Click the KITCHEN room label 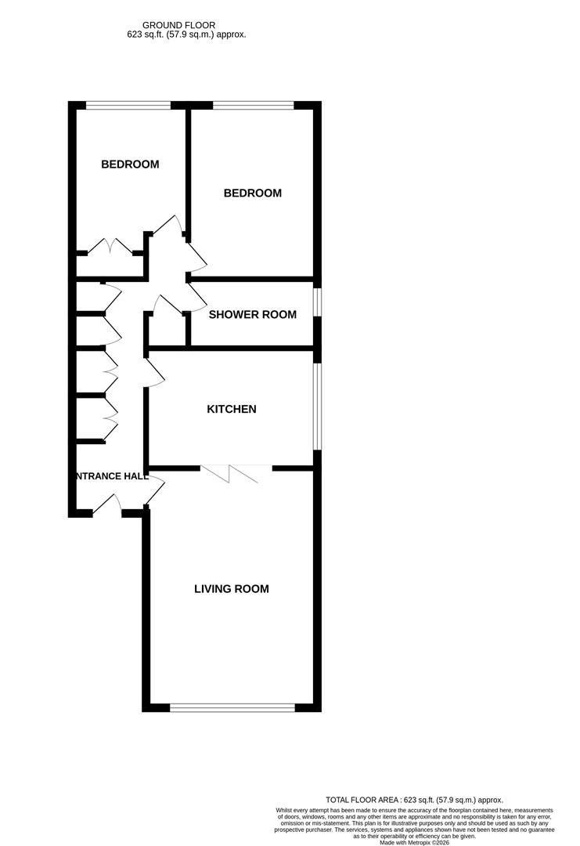(231, 409)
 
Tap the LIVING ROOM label (231, 589)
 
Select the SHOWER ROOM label (252, 315)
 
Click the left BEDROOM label (130, 164)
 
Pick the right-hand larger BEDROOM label (252, 193)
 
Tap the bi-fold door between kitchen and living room (236, 472)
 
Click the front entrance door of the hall (108, 507)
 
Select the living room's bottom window (232, 707)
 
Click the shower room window (316, 303)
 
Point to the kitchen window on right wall (316, 407)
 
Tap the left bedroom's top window (128, 105)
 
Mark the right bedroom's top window (252, 105)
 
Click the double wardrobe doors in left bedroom (110, 247)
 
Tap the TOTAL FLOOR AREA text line (414, 800)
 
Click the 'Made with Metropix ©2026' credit (414, 842)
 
